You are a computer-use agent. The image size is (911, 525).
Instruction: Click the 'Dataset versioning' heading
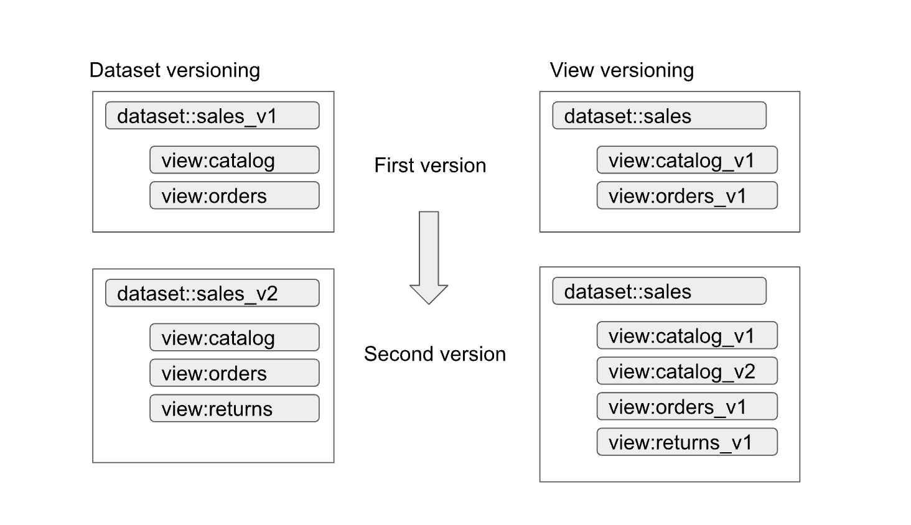[x=174, y=70]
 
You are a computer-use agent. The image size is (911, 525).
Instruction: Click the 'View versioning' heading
[x=621, y=70]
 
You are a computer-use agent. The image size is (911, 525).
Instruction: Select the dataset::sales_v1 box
[x=212, y=116]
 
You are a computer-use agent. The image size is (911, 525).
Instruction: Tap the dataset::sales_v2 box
[x=212, y=293]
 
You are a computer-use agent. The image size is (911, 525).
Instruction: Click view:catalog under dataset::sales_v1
[x=234, y=160]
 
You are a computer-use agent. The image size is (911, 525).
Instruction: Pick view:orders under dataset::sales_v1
[x=234, y=195]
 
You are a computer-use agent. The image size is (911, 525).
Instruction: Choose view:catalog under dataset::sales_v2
[x=234, y=337]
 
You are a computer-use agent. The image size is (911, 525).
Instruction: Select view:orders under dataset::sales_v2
[x=234, y=373]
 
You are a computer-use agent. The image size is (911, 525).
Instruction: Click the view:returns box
[x=234, y=408]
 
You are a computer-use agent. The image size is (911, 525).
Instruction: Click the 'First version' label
[x=430, y=165]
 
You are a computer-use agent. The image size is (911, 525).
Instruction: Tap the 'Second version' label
[x=434, y=354]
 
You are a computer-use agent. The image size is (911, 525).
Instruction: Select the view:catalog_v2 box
[x=686, y=371]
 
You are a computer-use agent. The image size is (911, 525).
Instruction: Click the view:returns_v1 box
[x=686, y=442]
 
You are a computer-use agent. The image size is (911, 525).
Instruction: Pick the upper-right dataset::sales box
[x=659, y=116]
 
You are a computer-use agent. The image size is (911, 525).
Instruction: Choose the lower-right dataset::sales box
[x=659, y=291]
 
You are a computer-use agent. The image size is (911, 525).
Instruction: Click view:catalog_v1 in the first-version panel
[x=686, y=160]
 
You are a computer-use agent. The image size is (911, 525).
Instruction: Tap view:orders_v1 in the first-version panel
[x=686, y=195]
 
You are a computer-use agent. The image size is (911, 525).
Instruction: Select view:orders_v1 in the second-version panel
[x=686, y=406]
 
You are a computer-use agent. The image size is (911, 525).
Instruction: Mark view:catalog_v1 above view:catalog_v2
[x=686, y=335]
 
